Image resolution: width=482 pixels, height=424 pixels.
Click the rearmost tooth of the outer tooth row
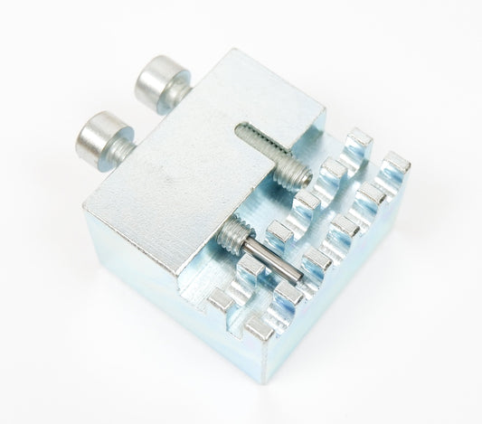(394, 165)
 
